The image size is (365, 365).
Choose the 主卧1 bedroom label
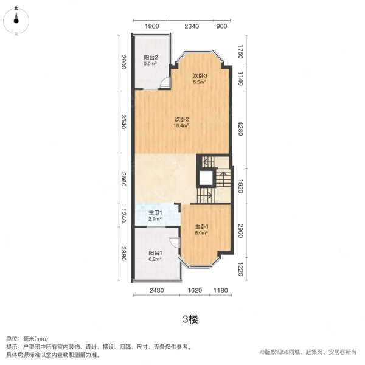[202, 226]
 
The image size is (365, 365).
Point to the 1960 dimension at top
[152, 26]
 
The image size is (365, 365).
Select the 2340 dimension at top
[192, 26]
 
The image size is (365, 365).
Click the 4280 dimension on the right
[240, 128]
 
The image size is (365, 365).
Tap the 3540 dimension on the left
[123, 121]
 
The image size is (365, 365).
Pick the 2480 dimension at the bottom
[156, 291]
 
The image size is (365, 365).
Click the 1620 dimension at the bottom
[195, 291]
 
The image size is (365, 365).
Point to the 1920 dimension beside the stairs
[240, 185]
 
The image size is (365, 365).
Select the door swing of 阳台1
[175, 242]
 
